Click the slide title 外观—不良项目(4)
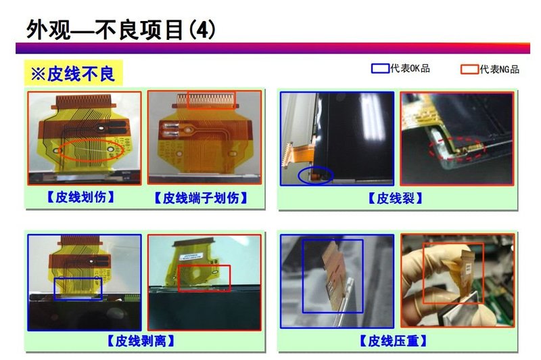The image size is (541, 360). [122, 29]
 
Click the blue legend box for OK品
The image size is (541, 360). [380, 68]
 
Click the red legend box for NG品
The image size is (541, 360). [469, 69]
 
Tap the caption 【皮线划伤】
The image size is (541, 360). [80, 198]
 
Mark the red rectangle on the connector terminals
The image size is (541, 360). [211, 100]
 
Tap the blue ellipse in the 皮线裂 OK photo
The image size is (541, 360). [315, 175]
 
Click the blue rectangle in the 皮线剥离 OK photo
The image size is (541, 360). [78, 288]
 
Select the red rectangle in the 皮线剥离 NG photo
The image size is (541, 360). [204, 278]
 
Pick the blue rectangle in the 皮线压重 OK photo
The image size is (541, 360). [332, 275]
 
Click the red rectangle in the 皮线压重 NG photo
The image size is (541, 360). [453, 273]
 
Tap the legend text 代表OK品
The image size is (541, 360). [410, 68]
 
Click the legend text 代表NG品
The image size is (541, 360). [499, 69]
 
